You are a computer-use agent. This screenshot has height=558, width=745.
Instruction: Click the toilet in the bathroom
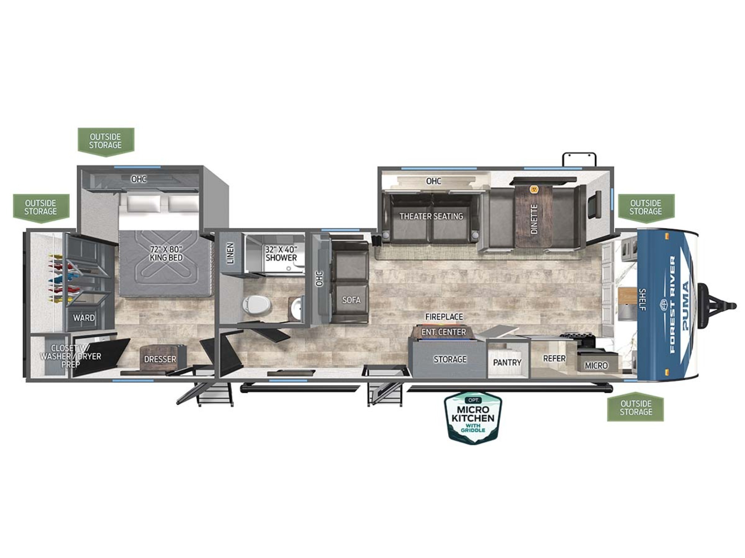point(256,305)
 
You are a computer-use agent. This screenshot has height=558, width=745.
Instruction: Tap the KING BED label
point(166,258)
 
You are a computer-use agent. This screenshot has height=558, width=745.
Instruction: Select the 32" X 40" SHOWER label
point(281,254)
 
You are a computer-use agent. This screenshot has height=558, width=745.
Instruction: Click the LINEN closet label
point(231,253)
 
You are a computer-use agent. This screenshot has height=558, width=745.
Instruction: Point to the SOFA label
point(351,300)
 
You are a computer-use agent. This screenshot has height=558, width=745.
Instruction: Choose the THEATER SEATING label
point(431,216)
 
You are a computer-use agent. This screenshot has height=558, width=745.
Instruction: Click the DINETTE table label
point(534,219)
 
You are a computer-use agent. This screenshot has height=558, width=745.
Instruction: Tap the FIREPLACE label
point(444,317)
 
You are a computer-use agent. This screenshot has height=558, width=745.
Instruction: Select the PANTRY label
point(507,362)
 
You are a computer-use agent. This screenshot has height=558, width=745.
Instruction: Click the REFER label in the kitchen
point(554,358)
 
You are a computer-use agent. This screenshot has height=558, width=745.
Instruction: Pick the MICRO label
point(596,366)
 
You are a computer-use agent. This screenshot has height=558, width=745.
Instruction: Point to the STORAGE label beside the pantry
point(450,359)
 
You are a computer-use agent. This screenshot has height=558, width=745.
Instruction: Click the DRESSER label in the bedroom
point(160,359)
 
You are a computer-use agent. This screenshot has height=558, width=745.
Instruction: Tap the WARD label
point(84,318)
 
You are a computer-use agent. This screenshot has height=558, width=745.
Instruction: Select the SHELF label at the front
point(643,299)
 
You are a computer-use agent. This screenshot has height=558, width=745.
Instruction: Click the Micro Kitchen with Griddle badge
point(473,418)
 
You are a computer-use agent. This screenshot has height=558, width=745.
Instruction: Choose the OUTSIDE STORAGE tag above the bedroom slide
point(106,141)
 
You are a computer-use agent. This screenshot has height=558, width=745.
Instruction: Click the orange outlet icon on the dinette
point(534,189)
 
